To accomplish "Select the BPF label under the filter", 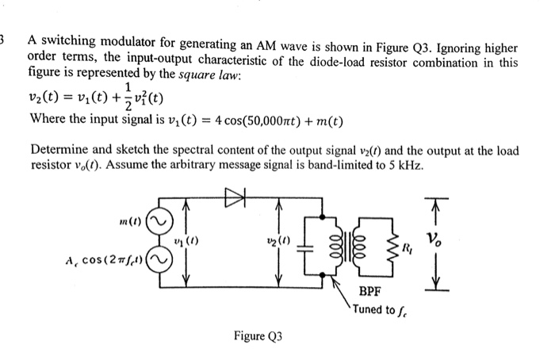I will click(369, 292).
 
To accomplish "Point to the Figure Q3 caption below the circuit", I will click(258, 336).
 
